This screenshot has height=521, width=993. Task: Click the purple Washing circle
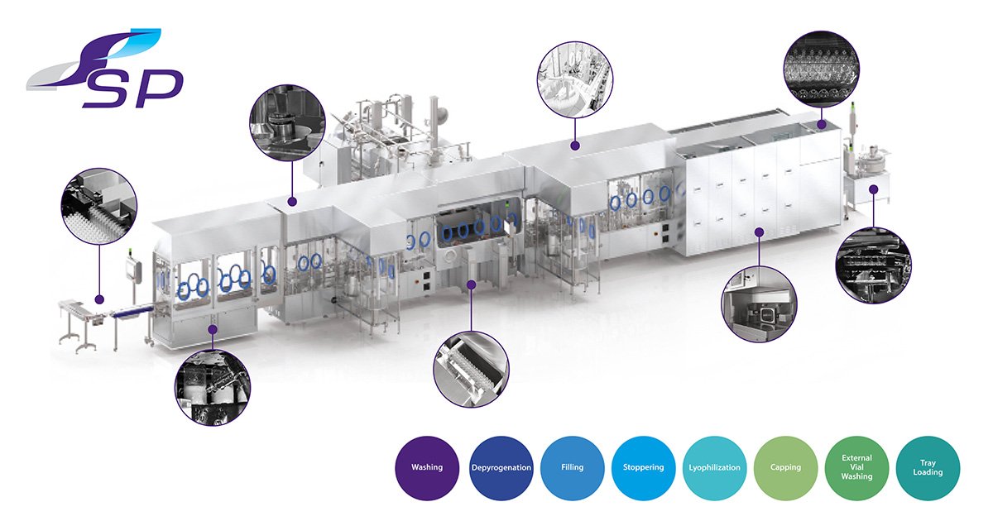click(x=427, y=468)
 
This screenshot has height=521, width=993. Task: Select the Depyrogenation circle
click(x=501, y=468)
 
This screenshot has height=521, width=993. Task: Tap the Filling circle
click(x=573, y=468)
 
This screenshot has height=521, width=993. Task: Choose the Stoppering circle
click(x=643, y=468)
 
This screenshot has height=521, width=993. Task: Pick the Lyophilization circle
click(x=715, y=468)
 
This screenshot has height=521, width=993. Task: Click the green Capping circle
click(x=785, y=468)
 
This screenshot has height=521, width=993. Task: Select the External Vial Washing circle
click(x=857, y=468)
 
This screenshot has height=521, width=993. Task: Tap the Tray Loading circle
click(x=928, y=468)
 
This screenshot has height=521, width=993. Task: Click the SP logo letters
click(x=132, y=88)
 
